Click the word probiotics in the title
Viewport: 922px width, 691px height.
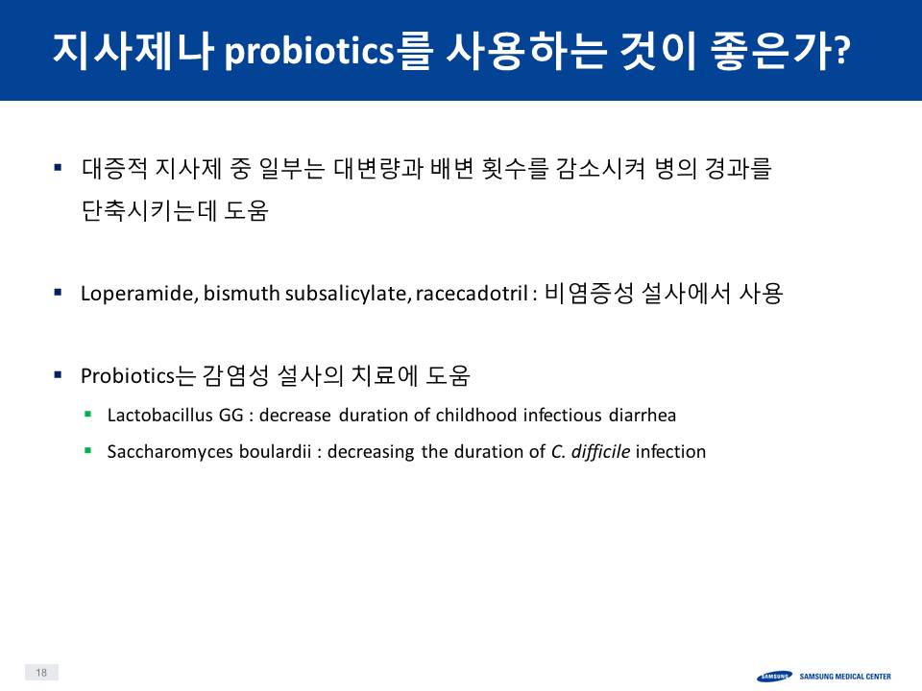coord(308,51)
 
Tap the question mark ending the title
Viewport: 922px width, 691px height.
coord(842,49)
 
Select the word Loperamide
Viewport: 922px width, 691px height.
coord(137,293)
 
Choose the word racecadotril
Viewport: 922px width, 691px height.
coord(472,293)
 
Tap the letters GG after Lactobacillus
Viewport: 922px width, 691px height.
coord(230,415)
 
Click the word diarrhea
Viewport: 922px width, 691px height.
coord(643,415)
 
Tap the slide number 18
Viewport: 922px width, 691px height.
coord(41,672)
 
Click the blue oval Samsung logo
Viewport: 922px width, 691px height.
coord(774,677)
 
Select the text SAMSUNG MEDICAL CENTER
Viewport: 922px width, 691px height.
coord(845,677)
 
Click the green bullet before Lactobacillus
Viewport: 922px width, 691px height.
coord(88,415)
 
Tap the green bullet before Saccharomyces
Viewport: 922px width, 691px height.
coord(88,451)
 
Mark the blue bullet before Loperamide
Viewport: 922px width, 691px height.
coord(58,292)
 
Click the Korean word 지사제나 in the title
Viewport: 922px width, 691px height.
coord(133,51)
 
